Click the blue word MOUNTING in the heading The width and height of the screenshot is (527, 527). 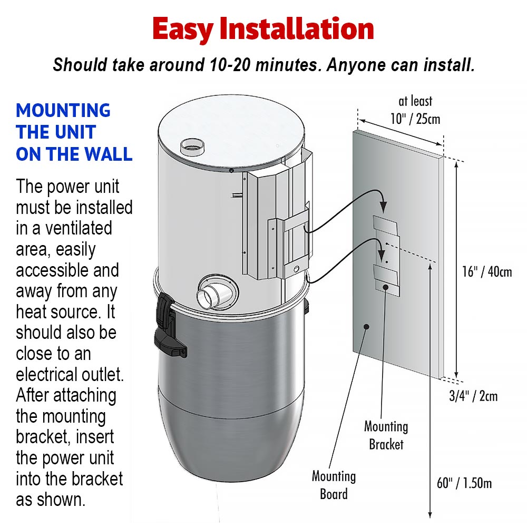pos(63,111)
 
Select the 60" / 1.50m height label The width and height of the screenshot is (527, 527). pos(465,483)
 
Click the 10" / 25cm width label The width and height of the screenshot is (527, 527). pos(415,119)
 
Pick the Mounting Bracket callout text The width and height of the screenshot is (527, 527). pos(386,435)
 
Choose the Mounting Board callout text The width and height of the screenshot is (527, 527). pos(334,485)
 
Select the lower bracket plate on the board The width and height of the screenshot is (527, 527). pos(386,276)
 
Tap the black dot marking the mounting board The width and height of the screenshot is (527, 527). pos(366,327)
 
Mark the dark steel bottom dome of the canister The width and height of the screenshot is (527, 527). pos(232,448)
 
